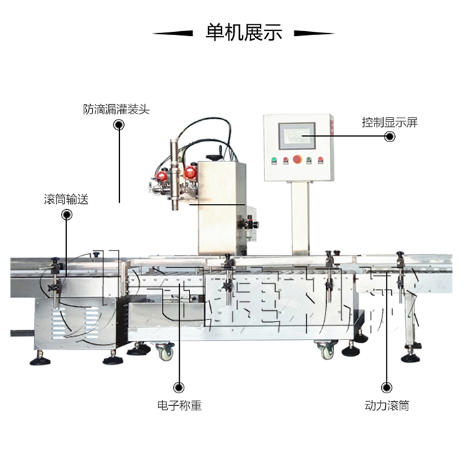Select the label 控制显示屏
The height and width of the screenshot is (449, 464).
389,122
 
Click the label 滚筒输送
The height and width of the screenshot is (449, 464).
66,199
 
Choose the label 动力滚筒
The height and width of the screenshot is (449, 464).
386,404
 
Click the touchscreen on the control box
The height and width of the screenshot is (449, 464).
296,137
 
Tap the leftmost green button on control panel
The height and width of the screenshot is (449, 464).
273,159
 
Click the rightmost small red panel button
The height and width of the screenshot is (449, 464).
320,159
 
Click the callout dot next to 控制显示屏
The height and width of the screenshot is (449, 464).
390,137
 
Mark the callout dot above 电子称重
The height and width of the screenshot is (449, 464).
178,387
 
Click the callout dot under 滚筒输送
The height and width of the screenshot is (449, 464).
66,215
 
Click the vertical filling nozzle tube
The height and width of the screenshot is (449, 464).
173,179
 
